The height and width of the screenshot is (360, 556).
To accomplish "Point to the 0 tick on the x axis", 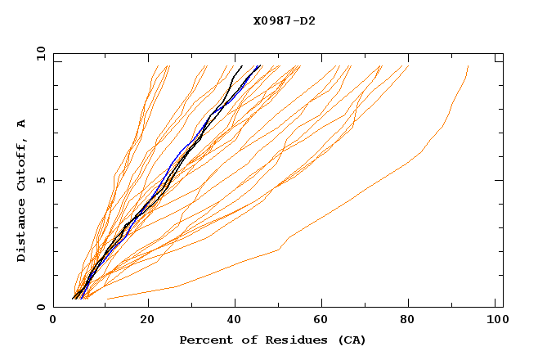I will tap(54, 321).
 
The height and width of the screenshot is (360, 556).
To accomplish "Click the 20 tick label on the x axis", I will tap(147, 321).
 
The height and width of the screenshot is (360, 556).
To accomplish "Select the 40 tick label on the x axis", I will tap(235, 321).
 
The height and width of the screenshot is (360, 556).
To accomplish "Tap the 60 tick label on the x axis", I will tap(324, 321).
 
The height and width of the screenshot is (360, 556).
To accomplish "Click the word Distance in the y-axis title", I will tap(22, 232).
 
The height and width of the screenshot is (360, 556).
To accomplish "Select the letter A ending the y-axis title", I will tap(22, 123).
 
